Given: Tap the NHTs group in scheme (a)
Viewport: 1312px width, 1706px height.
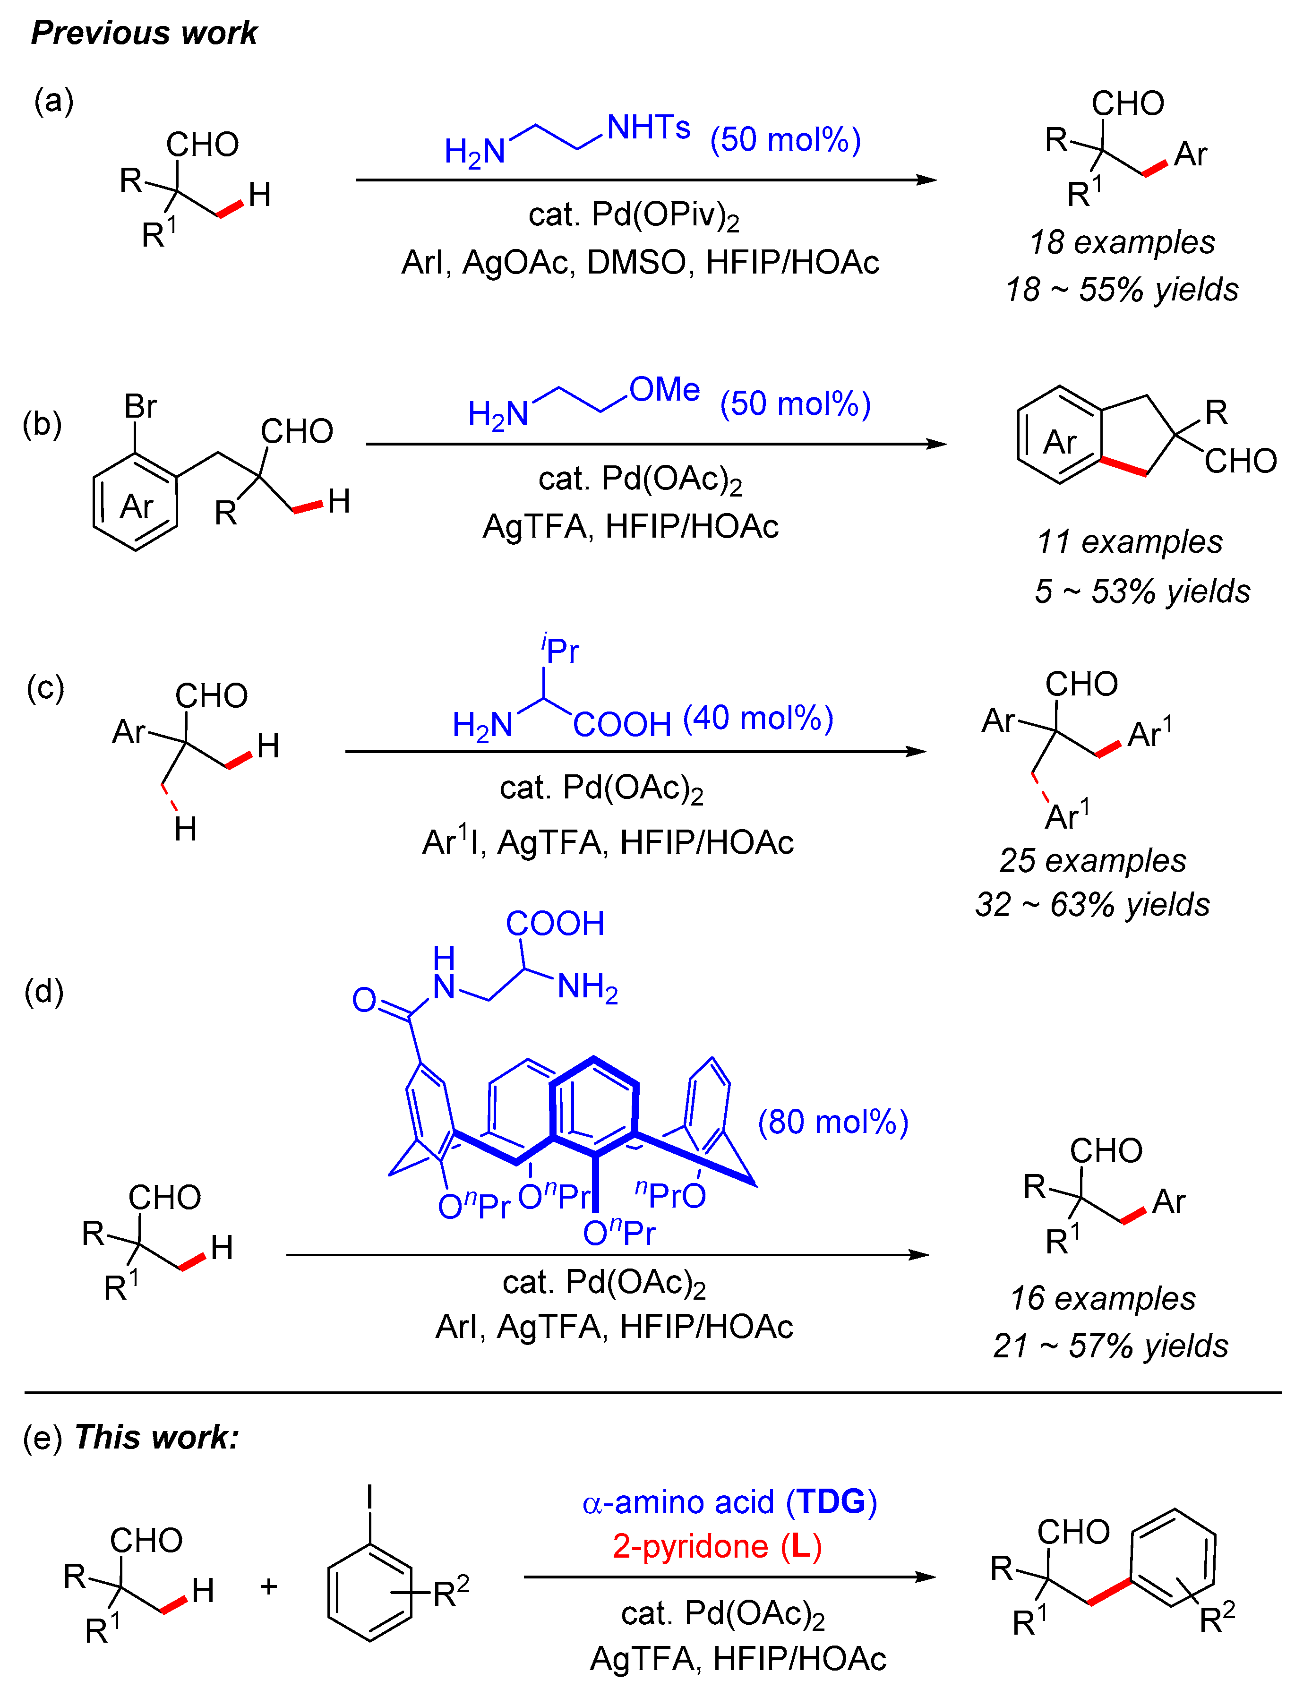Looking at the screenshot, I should coord(648,127).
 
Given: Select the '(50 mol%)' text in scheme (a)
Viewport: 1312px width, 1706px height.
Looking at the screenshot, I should coord(785,140).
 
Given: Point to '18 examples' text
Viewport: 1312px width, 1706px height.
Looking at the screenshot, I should coord(1122,242).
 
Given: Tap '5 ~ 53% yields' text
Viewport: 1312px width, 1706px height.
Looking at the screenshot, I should coord(1142,591).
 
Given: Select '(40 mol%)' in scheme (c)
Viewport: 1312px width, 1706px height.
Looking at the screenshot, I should coord(757,718).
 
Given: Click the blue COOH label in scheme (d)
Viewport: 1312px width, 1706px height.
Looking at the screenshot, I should coord(555,924).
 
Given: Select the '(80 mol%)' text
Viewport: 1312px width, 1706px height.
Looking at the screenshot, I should coord(832,1122).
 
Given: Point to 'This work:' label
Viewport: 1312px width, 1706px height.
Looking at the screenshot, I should coord(156,1437).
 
